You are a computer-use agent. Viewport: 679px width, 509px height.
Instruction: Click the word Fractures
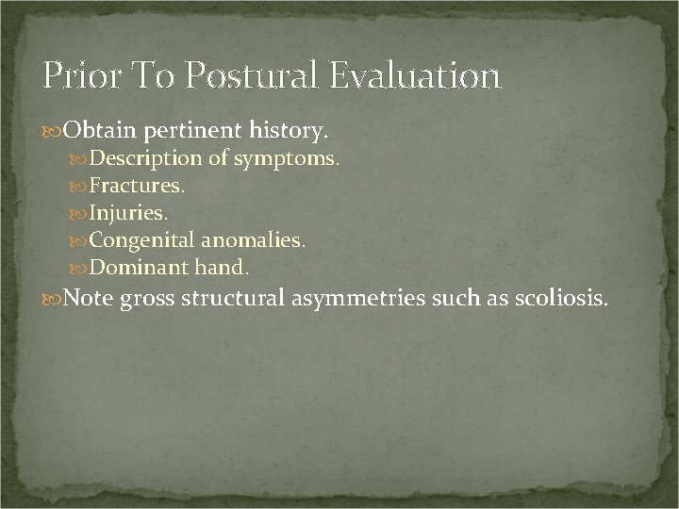[137, 186]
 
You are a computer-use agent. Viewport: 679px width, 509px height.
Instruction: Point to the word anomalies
[253, 240]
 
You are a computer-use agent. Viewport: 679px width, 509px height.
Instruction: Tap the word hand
[223, 268]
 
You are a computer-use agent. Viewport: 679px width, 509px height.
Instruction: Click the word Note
[90, 300]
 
